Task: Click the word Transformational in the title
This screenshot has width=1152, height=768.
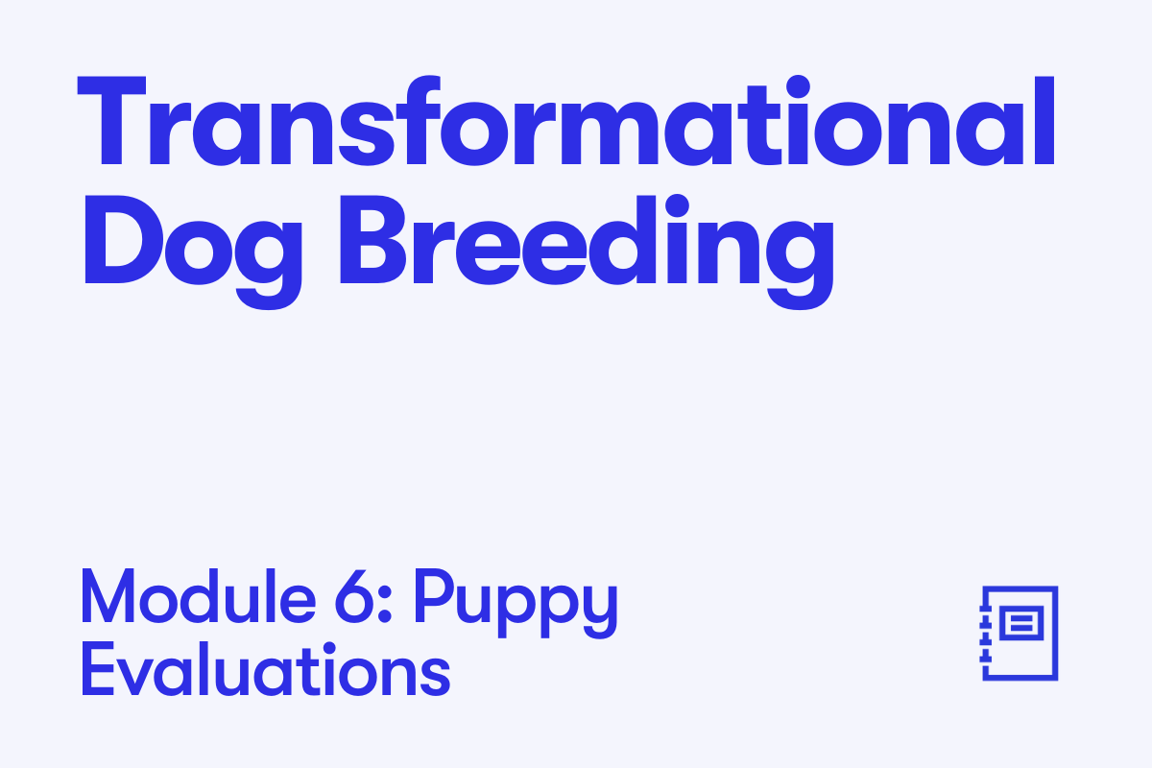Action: point(565,121)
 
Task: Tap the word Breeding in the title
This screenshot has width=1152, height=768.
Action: point(587,252)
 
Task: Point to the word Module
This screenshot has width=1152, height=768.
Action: point(198,597)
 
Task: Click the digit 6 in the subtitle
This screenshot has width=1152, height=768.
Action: point(354,597)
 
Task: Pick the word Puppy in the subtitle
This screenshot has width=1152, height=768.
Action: point(516,603)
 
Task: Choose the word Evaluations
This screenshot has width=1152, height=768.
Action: point(265,669)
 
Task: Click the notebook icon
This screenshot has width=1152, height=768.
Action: point(1019,634)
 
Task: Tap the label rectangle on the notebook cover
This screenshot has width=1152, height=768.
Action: point(1021,623)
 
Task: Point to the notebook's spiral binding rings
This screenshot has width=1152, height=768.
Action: point(984,634)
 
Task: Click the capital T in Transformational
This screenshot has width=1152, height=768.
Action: point(111,121)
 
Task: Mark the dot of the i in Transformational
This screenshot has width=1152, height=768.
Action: point(798,86)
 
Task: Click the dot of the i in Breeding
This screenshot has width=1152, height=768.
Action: point(677,205)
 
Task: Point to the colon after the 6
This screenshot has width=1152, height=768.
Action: point(385,604)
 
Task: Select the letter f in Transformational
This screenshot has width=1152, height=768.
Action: point(422,121)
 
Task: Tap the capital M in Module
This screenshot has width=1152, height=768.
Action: point(108,597)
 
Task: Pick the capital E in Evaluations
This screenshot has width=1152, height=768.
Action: point(97,669)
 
